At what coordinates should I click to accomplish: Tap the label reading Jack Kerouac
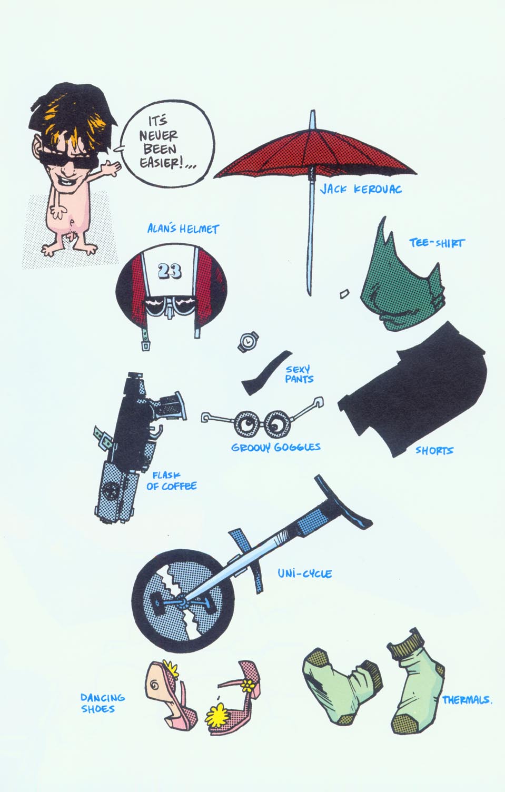[x=361, y=189]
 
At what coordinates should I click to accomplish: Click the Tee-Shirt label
[x=437, y=243]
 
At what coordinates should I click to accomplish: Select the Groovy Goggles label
[x=275, y=447]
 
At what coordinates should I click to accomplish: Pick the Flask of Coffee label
[x=171, y=481]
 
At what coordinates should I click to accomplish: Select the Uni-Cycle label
[x=305, y=573]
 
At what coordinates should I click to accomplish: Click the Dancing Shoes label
[x=103, y=702]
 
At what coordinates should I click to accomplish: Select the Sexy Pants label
[x=299, y=374]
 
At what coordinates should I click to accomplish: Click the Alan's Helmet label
[x=183, y=229]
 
